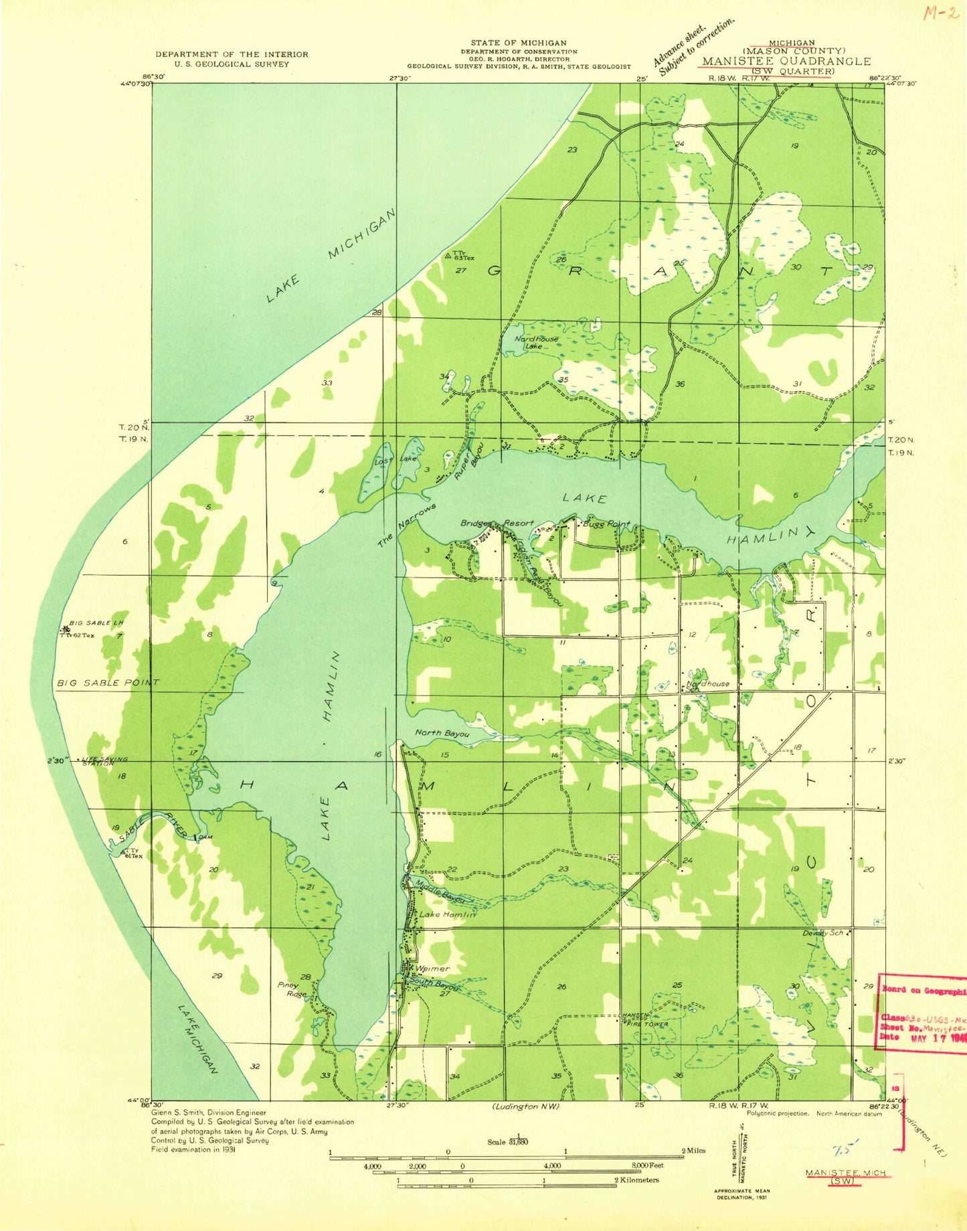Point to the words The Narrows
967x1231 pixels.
click(x=406, y=525)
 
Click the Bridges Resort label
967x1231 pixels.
click(x=497, y=523)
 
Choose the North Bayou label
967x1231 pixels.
click(x=442, y=733)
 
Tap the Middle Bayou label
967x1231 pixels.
click(x=440, y=888)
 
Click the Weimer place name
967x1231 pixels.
click(x=433, y=969)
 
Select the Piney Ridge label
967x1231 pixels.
click(x=292, y=990)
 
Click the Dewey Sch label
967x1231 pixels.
click(x=822, y=933)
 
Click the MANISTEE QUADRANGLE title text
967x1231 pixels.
click(x=786, y=61)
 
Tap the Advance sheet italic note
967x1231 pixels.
click(x=695, y=44)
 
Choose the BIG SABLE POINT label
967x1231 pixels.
click(x=108, y=682)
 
